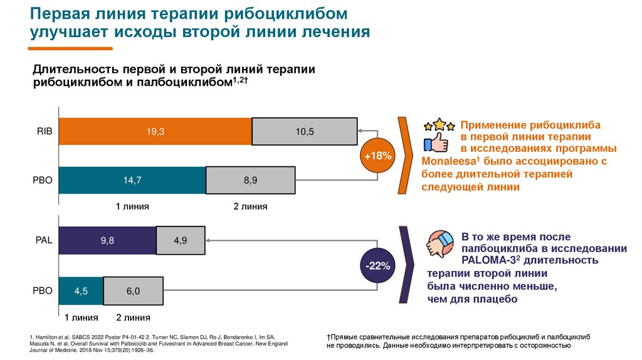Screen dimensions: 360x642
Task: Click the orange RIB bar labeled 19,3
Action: [x=155, y=131]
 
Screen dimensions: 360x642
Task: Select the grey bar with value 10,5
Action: [x=305, y=131]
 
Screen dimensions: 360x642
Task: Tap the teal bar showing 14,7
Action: [x=132, y=180]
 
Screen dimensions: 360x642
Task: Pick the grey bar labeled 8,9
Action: [x=250, y=180]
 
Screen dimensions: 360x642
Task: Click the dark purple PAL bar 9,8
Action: [x=107, y=240]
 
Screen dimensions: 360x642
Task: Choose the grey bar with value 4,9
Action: [x=181, y=240]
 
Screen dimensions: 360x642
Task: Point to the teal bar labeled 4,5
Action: [x=81, y=290]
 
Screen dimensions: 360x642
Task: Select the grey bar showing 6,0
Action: [x=133, y=290]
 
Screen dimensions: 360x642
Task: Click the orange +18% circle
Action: [x=378, y=155]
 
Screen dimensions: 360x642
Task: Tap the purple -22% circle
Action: [x=378, y=266]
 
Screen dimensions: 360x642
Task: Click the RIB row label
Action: [x=45, y=131]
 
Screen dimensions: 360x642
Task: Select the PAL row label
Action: [x=45, y=240]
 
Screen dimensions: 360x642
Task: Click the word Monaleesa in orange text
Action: [x=445, y=161]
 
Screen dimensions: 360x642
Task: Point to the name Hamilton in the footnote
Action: [x=50, y=337]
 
